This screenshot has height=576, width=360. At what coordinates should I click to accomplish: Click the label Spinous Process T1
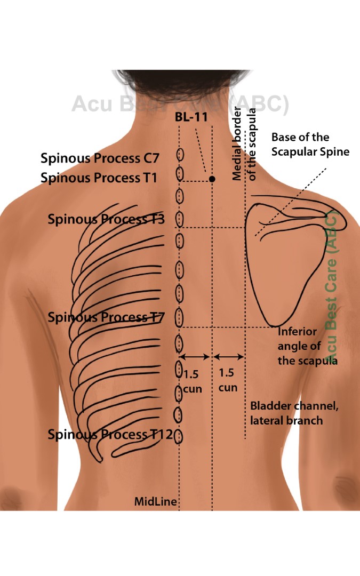(99, 178)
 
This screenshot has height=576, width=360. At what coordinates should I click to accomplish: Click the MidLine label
(155, 501)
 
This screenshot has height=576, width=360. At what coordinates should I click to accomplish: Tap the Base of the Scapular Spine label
(310, 145)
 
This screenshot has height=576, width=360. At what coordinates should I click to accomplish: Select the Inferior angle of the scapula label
(307, 346)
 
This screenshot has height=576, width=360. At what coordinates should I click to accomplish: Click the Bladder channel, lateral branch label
(294, 413)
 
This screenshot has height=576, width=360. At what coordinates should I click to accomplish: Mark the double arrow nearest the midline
(195, 356)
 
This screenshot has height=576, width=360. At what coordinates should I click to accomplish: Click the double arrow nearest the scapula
(228, 356)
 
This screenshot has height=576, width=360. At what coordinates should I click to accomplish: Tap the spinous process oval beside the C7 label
(180, 155)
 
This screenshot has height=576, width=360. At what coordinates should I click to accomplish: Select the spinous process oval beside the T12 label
(179, 436)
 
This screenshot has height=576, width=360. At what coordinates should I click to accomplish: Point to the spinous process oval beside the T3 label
(180, 218)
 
